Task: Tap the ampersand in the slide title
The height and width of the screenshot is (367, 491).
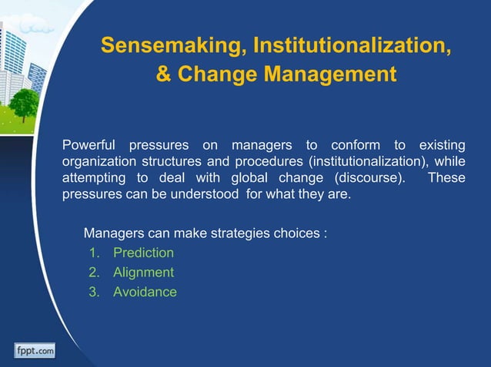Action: pyautogui.click(x=164, y=75)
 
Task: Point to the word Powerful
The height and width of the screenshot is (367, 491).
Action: pyautogui.click(x=89, y=146)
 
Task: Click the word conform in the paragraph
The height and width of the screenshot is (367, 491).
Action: pyautogui.click(x=350, y=146)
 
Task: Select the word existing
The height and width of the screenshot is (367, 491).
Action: pyautogui.click(x=442, y=146)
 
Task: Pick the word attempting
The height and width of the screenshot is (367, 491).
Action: pyautogui.click(x=95, y=177)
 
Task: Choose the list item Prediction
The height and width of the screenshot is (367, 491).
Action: pyautogui.click(x=143, y=253)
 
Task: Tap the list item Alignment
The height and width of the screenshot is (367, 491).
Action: pyautogui.click(x=143, y=272)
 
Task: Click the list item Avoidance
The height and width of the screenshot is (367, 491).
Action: pyautogui.click(x=145, y=292)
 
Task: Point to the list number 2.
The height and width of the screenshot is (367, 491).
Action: pyautogui.click(x=94, y=272)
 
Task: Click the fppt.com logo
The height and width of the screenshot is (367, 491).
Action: pyautogui.click(x=34, y=351)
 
